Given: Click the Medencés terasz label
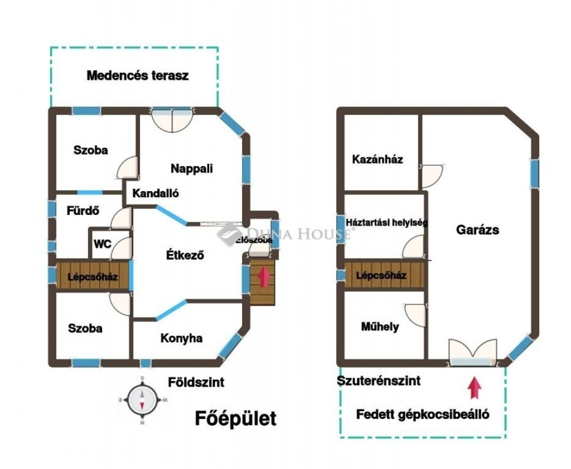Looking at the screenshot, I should pyautogui.click(x=137, y=76).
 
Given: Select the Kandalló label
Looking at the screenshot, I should pyautogui.click(x=155, y=194).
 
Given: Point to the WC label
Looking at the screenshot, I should pyautogui.click(x=102, y=244).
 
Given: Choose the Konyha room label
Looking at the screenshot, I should pyautogui.click(x=181, y=338).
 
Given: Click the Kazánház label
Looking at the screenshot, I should pyautogui.click(x=378, y=160).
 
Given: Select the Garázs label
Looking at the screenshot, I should pyautogui.click(x=477, y=229).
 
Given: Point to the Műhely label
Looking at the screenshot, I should pyautogui.click(x=380, y=326).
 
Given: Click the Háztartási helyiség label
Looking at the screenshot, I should pyautogui.click(x=386, y=223).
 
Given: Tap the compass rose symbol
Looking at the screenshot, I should pyautogui.click(x=142, y=399).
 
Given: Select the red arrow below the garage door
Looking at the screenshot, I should pyautogui.click(x=475, y=388).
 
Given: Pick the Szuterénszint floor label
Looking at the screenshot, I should pyautogui.click(x=379, y=381).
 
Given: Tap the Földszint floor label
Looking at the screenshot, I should pyautogui.click(x=196, y=382).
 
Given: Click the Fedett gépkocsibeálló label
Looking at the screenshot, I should pyautogui.click(x=423, y=414).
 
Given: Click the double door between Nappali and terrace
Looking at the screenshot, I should pyautogui.click(x=172, y=118).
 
